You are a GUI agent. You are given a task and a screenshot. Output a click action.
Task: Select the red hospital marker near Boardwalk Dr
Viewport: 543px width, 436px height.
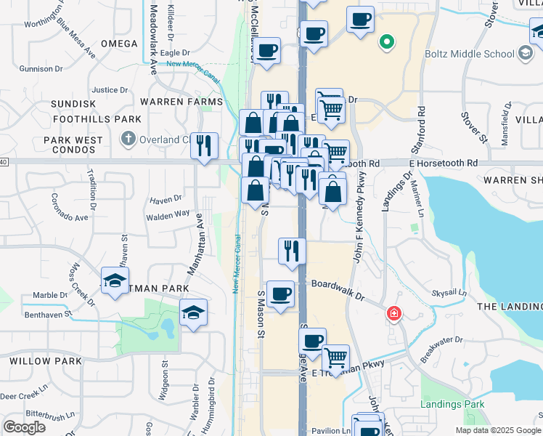[393, 313]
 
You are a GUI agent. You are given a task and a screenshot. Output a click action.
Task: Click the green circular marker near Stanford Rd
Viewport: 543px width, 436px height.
[387, 41]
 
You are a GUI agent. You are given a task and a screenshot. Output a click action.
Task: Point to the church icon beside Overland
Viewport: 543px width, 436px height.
[128, 138]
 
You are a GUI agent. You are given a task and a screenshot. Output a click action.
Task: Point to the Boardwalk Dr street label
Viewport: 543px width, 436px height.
[338, 289]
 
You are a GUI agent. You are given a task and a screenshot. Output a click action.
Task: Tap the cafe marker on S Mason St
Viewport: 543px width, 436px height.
[280, 294]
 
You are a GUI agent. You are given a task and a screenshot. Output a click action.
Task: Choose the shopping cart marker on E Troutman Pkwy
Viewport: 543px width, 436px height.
[335, 357]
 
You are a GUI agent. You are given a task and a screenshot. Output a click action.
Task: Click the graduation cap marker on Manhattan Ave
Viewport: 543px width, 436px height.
[193, 312]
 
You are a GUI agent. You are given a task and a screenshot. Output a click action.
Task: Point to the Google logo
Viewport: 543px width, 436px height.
[24, 427]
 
